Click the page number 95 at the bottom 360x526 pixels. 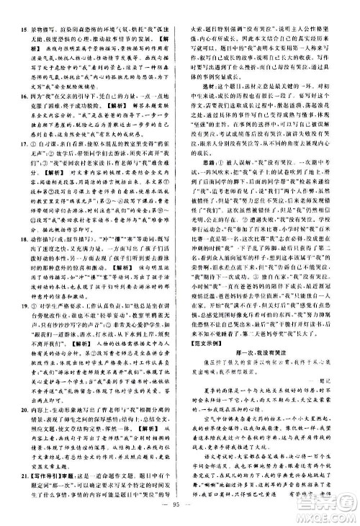point(179,514)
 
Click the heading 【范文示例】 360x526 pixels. point(202,363)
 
